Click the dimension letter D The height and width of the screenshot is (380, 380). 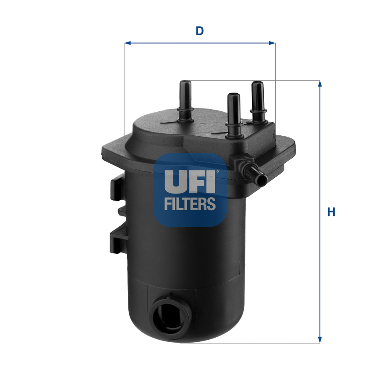coord(200,31)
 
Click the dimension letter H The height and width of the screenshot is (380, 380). coord(331,212)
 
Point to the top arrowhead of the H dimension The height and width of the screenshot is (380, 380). coord(320,83)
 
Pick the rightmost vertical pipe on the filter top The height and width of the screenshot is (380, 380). coord(257,100)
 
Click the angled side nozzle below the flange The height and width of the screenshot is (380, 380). coord(251,170)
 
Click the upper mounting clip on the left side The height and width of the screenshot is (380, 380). coord(118,188)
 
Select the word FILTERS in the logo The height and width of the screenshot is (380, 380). coord(190,203)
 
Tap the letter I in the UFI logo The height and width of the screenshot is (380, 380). coord(211,181)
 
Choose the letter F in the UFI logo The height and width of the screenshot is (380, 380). coord(196,181)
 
